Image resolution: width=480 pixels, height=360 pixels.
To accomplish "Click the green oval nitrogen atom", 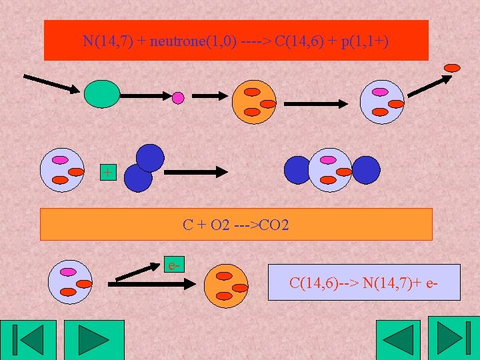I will pyautogui.click(x=102, y=93).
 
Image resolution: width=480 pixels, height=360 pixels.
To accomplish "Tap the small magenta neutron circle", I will pyautogui.click(x=178, y=98).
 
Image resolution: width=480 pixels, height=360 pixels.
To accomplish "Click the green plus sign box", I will pyautogui.click(x=107, y=172).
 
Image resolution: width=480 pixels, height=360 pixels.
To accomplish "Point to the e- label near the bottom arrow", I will pyautogui.click(x=175, y=265).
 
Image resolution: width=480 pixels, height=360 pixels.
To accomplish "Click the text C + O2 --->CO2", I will pyautogui.click(x=236, y=225).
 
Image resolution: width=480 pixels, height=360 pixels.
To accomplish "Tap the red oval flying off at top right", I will pyautogui.click(x=452, y=67).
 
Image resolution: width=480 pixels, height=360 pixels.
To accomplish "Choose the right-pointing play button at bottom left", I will pyautogui.click(x=93, y=340).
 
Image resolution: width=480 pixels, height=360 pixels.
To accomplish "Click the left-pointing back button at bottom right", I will pyautogui.click(x=398, y=340).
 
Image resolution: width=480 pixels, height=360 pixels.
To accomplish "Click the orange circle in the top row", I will pyautogui.click(x=253, y=102).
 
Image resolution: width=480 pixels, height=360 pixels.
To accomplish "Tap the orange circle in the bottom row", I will pyautogui.click(x=225, y=286).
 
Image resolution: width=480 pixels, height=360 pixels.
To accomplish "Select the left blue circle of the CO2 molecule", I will pyautogui.click(x=297, y=169).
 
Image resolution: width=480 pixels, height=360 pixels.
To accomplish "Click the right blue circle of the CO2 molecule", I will pyautogui.click(x=365, y=169).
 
